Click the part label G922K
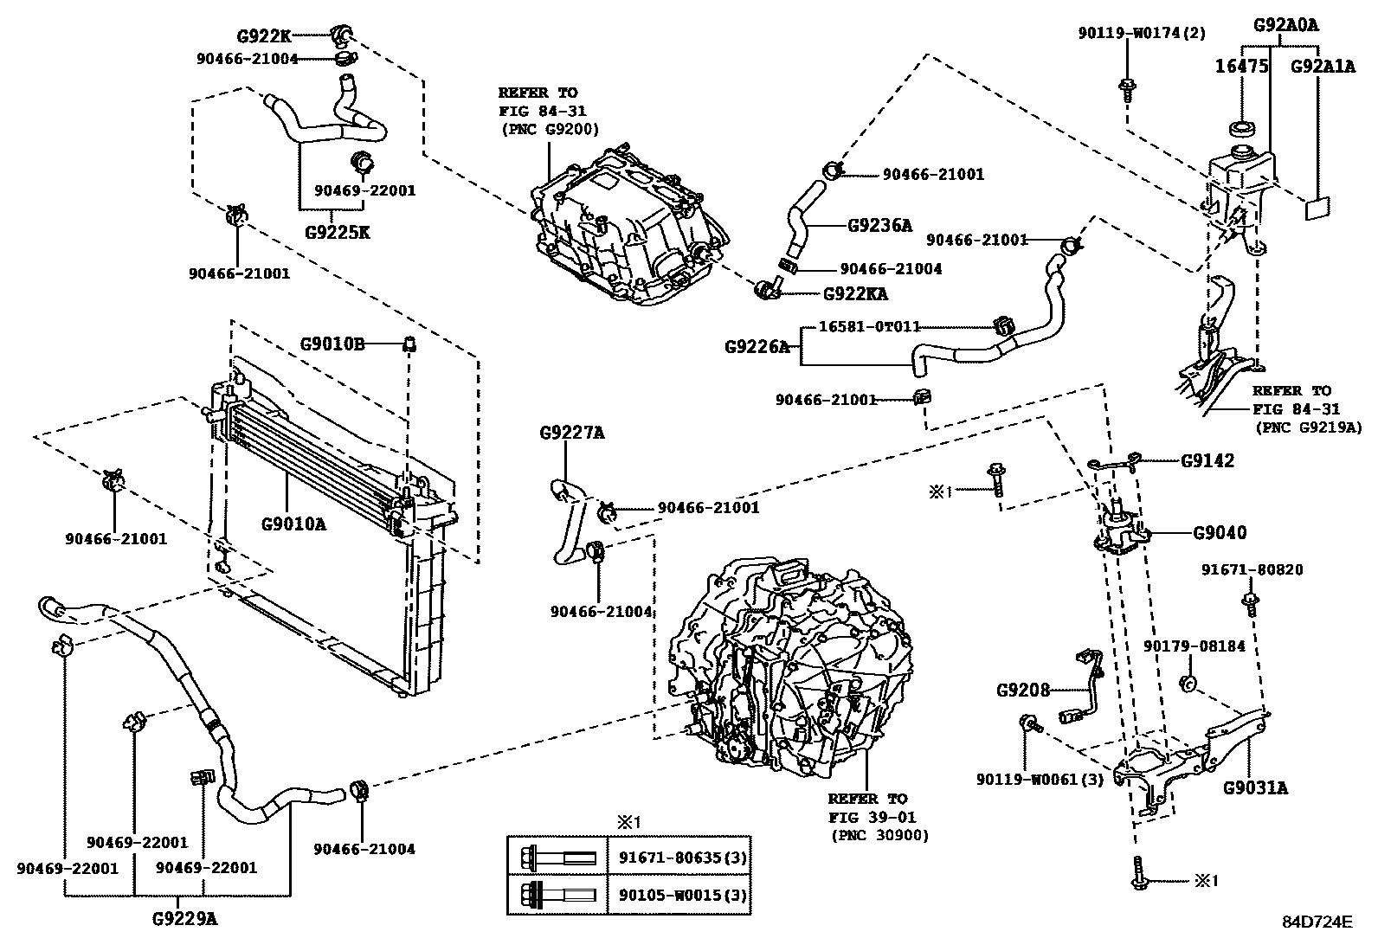(263, 36)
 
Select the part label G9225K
(337, 232)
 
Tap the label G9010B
(331, 344)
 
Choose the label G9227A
(571, 432)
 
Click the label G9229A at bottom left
(185, 920)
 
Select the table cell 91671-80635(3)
(681, 858)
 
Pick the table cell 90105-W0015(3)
(681, 893)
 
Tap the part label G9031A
(1254, 787)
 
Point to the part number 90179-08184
(1194, 646)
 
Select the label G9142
(1207, 460)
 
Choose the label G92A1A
(1323, 66)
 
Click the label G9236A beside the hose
(879, 226)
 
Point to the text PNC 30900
(880, 835)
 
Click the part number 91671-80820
(1252, 569)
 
